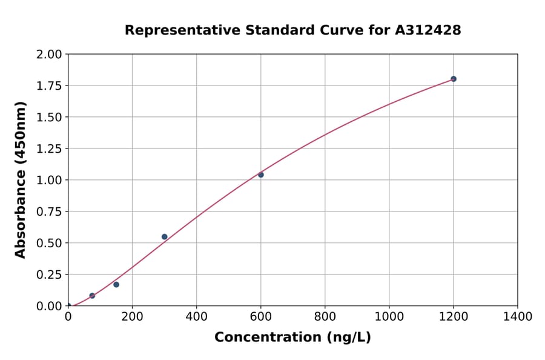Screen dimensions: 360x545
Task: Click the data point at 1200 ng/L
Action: (453, 79)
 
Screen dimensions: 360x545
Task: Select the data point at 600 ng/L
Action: (261, 175)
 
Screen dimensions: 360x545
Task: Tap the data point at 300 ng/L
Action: (164, 237)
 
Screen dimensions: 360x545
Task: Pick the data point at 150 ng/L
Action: (116, 284)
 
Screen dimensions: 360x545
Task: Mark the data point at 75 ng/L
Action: (92, 296)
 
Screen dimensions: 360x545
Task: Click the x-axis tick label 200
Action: (132, 316)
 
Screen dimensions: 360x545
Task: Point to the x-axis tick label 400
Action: (196, 316)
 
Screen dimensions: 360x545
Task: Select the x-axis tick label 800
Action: (325, 316)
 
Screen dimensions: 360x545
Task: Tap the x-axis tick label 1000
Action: (389, 316)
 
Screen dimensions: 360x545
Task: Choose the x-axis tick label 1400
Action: (517, 316)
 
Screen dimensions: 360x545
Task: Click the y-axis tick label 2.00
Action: (50, 55)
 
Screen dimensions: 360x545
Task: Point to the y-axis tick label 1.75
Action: (50, 85)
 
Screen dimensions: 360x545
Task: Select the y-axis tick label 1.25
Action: (50, 148)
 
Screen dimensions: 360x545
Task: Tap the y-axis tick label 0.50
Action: (50, 243)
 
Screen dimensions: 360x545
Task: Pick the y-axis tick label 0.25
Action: (50, 275)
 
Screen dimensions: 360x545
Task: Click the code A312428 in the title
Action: (428, 30)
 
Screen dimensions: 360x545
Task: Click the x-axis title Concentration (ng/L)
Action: (292, 338)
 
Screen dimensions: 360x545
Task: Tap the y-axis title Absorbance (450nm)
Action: (21, 180)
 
